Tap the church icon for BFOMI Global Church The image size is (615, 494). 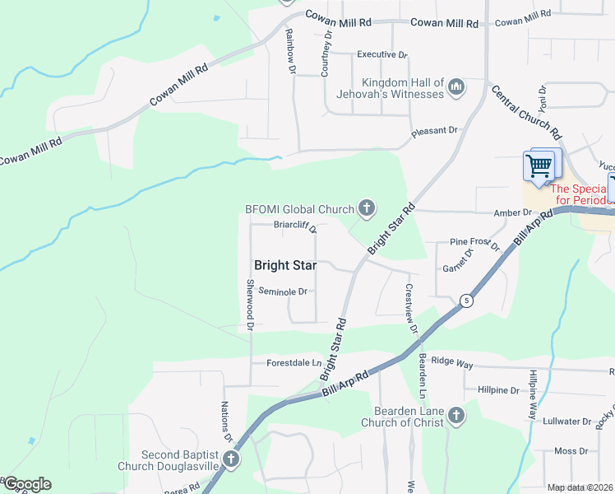365,209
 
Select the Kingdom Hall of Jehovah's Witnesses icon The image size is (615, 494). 457,86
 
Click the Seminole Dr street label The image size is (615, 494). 282,291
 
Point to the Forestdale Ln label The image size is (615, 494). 294,362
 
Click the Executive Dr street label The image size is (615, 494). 381,55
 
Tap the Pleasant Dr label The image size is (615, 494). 434,131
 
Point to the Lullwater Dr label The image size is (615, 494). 568,422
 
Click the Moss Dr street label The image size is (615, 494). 565,451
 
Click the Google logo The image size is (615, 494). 26,484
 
